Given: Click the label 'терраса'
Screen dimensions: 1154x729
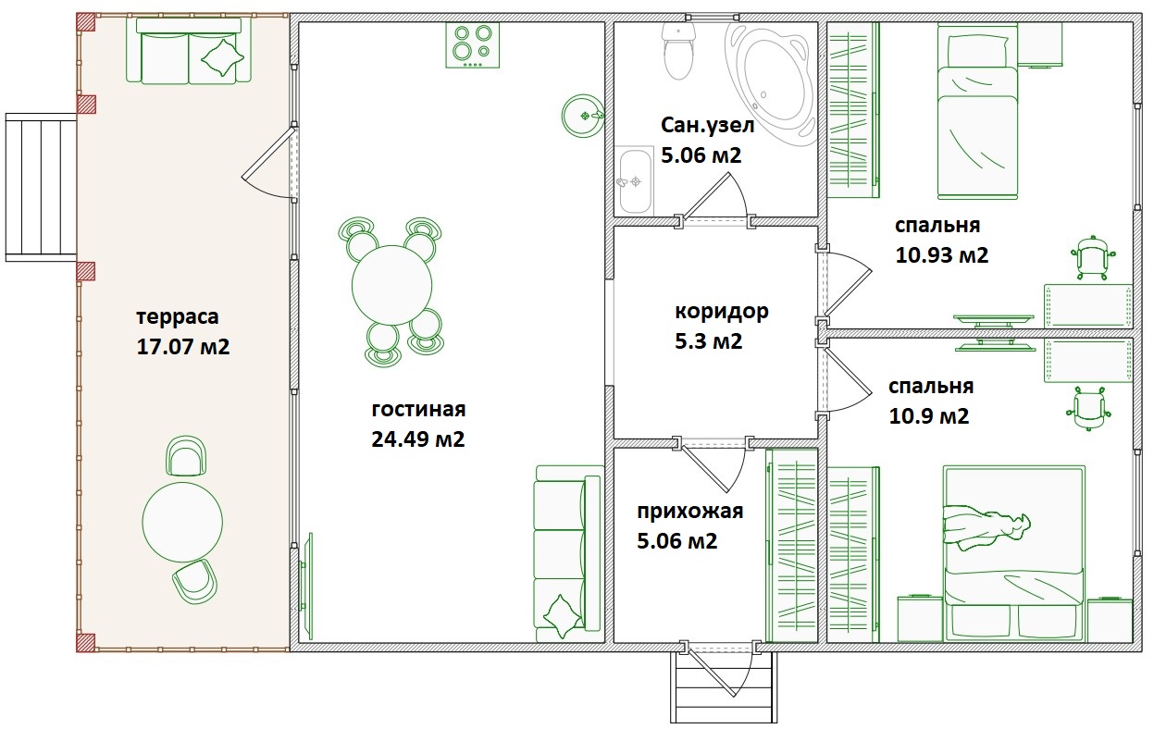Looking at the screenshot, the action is [x=178, y=316].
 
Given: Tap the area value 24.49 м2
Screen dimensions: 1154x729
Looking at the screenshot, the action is [x=417, y=439].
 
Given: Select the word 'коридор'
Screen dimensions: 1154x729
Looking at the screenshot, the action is [x=721, y=312].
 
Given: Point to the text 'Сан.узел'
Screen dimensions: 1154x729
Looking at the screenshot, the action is [x=707, y=125].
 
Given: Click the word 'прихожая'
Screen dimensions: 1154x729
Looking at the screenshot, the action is [x=689, y=511].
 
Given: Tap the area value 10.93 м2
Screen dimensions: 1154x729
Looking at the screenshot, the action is [x=942, y=255].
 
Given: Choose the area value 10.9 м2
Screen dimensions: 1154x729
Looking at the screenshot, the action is [x=929, y=415].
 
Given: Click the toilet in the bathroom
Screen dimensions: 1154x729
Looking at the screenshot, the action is [x=678, y=51].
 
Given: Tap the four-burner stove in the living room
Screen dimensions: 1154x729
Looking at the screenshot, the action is [x=472, y=44].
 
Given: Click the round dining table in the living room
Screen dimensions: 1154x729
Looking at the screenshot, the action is [x=391, y=285].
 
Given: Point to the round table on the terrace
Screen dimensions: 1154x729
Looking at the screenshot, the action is [x=182, y=522].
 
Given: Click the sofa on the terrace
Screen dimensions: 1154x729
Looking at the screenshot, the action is [x=189, y=51].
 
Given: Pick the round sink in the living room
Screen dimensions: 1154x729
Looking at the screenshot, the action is [x=583, y=116].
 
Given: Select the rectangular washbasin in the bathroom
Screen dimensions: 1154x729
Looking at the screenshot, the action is [x=635, y=180].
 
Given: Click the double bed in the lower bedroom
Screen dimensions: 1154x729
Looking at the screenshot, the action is [x=1014, y=554].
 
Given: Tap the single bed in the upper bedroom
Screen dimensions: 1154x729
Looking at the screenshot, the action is [x=977, y=111].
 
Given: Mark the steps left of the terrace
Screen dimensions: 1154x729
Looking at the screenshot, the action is [x=42, y=188].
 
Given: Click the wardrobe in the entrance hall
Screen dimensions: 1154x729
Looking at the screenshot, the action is [x=792, y=546].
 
